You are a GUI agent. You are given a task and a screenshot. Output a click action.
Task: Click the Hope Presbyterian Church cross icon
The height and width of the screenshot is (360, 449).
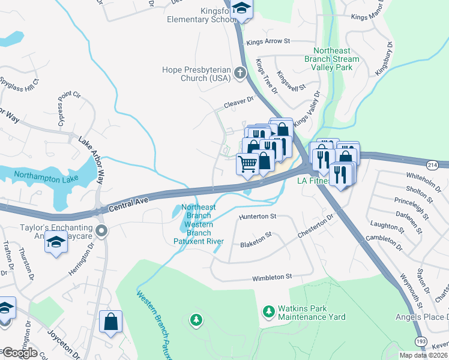pyautogui.click(x=240, y=74)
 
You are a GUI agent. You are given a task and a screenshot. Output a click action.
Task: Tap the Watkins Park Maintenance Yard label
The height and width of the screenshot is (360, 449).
pyautogui.click(x=312, y=313)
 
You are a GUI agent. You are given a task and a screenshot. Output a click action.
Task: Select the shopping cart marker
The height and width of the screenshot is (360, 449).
pyautogui.click(x=247, y=164)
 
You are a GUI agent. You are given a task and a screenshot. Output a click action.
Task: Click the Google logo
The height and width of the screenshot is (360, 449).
pyautogui.click(x=19, y=353)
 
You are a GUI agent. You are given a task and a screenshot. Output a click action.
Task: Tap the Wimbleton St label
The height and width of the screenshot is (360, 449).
pyautogui.click(x=271, y=277)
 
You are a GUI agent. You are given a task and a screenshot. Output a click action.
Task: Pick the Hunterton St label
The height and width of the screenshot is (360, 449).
pyautogui.click(x=257, y=216)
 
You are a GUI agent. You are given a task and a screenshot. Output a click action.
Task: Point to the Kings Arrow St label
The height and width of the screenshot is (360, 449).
pyautogui.click(x=268, y=41)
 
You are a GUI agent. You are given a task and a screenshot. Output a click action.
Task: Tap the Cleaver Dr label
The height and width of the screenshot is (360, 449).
pyautogui.click(x=240, y=104)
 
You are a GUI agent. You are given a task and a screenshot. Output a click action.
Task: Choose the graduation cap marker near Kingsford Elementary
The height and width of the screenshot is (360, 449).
pyautogui.click(x=241, y=9)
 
